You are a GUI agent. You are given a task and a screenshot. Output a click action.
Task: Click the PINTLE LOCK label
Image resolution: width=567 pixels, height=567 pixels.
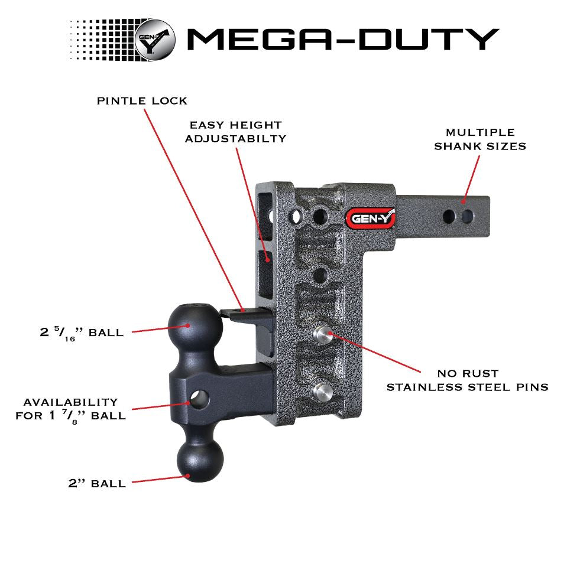coord(142,101)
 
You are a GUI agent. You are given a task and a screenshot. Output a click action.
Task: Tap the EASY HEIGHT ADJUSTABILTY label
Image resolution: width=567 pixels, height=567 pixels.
coord(235,132)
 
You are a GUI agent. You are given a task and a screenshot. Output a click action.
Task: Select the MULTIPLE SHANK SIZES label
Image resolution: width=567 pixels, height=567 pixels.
coord(480,139)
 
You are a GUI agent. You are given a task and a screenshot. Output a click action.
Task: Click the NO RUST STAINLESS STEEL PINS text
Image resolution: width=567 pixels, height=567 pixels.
coord(467,380)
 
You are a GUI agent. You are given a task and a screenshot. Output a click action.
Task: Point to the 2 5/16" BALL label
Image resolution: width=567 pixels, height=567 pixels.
coord(82,333)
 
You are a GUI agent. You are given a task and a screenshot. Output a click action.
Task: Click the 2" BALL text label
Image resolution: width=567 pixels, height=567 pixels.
coord(97,484)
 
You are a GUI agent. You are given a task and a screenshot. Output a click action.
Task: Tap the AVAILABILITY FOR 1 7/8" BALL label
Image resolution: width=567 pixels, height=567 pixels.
coord(70,409)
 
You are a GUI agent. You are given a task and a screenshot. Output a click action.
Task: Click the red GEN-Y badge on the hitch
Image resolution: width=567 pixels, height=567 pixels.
coord(370,218)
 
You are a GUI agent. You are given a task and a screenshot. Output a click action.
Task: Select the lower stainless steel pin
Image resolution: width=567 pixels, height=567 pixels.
coord(323,390)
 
